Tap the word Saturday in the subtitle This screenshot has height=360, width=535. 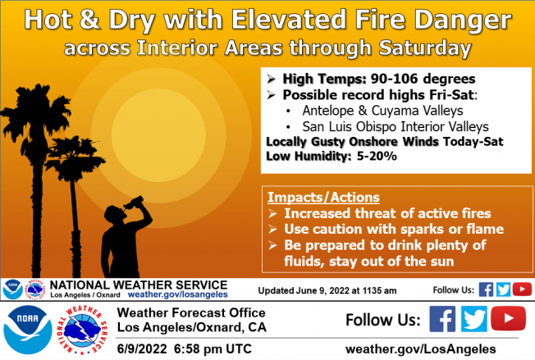(425, 48)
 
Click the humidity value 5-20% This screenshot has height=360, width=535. (377, 156)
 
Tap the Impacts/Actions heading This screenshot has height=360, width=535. (323, 198)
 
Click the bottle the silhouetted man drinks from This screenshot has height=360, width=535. (134, 203)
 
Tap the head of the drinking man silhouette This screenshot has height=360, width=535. (113, 214)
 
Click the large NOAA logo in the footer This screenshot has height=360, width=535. (28, 330)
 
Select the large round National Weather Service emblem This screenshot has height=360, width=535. (82, 330)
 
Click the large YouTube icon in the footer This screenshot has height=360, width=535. (509, 318)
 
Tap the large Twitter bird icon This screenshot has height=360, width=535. (474, 319)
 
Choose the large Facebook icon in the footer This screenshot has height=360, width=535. (442, 319)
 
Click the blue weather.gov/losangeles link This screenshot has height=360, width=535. (178, 294)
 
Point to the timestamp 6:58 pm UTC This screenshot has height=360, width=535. (213, 349)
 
